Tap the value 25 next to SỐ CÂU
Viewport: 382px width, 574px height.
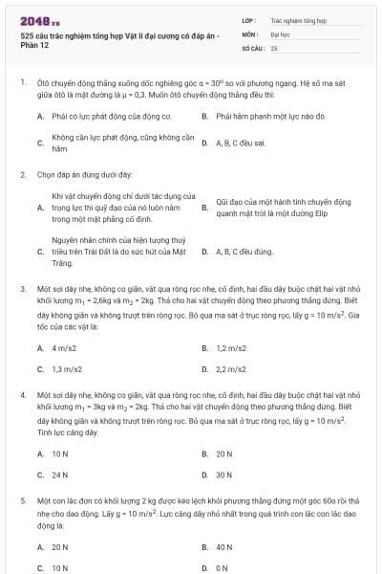(x=274, y=47)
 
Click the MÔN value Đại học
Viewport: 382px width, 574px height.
(x=280, y=33)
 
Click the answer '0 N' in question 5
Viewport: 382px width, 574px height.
(x=222, y=568)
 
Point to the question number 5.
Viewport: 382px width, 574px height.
(x=22, y=500)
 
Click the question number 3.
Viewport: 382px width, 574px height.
(x=22, y=287)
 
